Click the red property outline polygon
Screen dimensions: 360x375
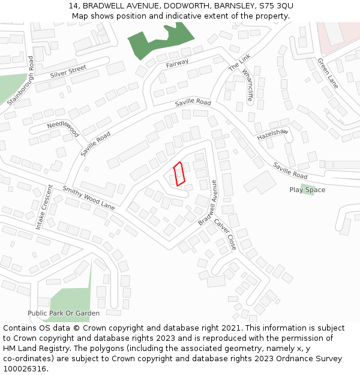pyautogui.click(x=179, y=174)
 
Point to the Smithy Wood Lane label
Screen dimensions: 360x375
pyautogui.click(x=89, y=197)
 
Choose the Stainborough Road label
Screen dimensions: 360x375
pyautogui.click(x=20, y=81)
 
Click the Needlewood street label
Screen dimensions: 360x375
pyautogui.click(x=63, y=129)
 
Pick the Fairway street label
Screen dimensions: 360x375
pyautogui.click(x=178, y=63)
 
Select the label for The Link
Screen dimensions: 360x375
pyautogui.click(x=239, y=62)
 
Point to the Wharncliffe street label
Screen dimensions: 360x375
pyautogui.click(x=247, y=86)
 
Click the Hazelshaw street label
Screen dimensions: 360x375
pyautogui.click(x=273, y=134)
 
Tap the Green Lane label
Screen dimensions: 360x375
pyautogui.click(x=328, y=73)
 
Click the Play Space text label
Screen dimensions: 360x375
pyautogui.click(x=307, y=190)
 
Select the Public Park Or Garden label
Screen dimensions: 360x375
pyautogui.click(x=64, y=313)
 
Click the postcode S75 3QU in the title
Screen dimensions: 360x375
pyautogui.click(x=276, y=6)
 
